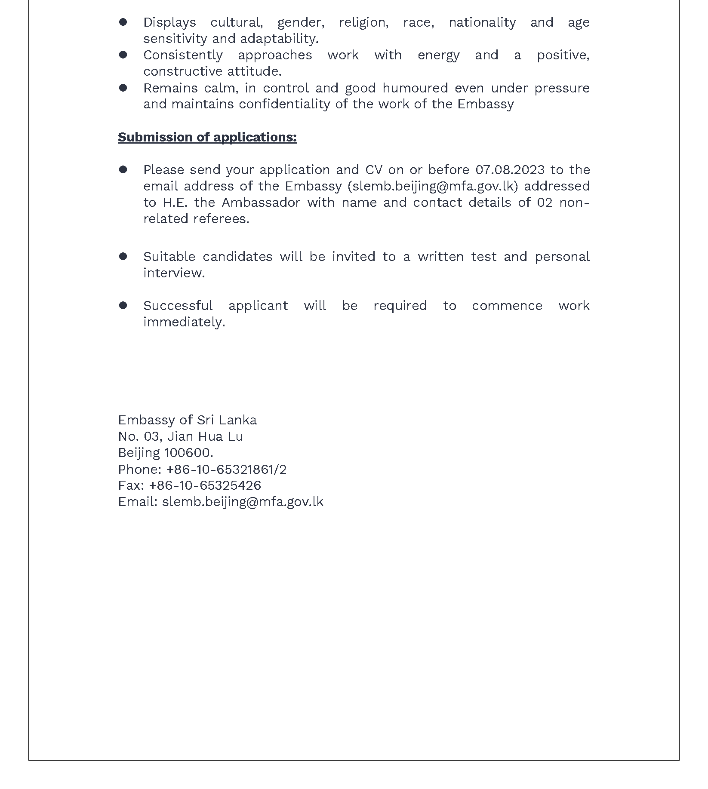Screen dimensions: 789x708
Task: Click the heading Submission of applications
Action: point(207,137)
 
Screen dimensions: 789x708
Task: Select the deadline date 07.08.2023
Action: point(510,170)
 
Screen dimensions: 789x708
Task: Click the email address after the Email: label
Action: point(243,502)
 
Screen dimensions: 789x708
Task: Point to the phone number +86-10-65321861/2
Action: point(226,469)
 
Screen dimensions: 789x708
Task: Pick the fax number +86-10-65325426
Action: point(205,485)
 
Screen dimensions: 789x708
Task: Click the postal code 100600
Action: point(188,453)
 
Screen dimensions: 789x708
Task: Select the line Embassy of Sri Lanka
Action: point(187,420)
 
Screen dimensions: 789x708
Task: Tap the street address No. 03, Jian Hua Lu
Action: point(180,436)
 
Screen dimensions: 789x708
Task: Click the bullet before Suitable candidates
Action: point(123,257)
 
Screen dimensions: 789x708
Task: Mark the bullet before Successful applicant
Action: point(123,306)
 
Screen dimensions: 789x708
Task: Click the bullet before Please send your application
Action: point(123,170)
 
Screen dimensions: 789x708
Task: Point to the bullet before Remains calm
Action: point(123,88)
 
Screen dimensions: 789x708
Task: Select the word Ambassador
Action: point(261,203)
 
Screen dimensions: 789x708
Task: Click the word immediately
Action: point(184,322)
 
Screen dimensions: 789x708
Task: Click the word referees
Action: point(221,219)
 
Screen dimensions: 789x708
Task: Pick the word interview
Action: point(173,273)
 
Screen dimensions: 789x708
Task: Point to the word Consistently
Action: point(183,55)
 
